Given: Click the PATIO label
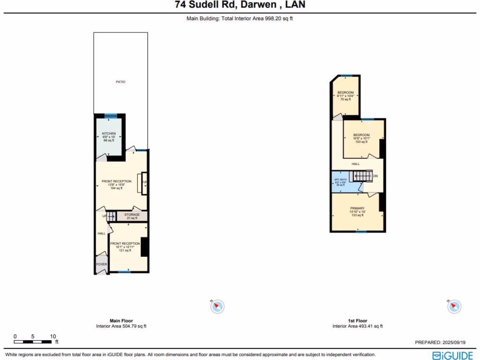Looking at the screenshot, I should [120, 82].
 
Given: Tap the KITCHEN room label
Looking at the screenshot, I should [109, 134].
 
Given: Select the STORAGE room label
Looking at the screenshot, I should [132, 215].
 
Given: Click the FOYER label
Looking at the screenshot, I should [102, 264].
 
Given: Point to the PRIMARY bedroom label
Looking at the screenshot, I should [357, 208].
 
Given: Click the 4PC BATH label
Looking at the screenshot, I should [340, 180].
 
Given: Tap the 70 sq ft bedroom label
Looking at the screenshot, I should [345, 92].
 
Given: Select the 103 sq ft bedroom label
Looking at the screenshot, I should [361, 135].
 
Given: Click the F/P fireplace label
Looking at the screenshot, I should [145, 182].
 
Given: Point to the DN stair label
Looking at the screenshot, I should [375, 176].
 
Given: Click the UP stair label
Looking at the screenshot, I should [104, 216].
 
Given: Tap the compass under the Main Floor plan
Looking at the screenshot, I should [217, 307].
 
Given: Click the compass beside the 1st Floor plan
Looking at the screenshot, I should [453, 307].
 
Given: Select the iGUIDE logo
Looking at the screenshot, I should [452, 355].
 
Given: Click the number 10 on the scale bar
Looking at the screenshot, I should [53, 336].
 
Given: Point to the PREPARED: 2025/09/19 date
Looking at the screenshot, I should [440, 343].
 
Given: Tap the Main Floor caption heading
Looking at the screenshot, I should [121, 321].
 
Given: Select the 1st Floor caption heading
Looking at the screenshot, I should [357, 321].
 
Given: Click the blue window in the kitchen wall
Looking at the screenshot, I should [111, 115].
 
